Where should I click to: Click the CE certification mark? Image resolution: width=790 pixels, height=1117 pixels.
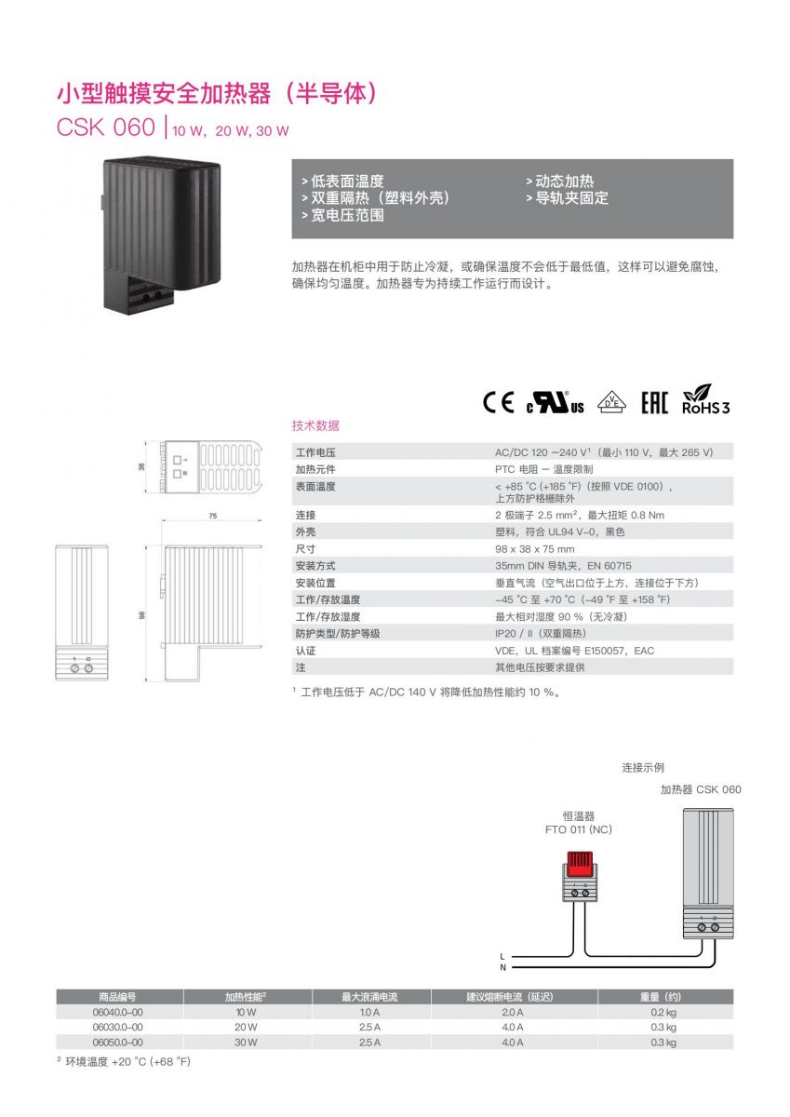tap(498, 402)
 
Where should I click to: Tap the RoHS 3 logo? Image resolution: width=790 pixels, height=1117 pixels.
tap(705, 399)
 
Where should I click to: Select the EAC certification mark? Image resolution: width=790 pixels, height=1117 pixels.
tap(654, 403)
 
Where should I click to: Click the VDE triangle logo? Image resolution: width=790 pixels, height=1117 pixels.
tap(611, 402)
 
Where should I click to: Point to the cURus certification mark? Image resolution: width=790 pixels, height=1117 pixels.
tap(556, 402)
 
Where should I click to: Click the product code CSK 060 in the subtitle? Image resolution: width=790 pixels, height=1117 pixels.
tap(106, 127)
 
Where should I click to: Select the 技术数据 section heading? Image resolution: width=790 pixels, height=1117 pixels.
tap(315, 425)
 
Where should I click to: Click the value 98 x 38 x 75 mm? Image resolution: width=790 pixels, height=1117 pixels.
tap(534, 549)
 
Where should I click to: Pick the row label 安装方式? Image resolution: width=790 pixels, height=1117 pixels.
tap(315, 566)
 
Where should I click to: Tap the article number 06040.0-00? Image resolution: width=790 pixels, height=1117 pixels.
tap(117, 1013)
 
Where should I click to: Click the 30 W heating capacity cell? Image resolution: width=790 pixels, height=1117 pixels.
tap(246, 1043)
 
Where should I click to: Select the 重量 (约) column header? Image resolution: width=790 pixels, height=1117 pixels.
tap(661, 997)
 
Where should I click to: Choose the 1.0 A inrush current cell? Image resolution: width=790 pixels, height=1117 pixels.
tap(369, 1013)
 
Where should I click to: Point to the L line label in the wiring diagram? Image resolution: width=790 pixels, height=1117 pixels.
tap(502, 957)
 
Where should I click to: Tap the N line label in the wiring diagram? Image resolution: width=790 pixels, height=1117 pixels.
tap(502, 967)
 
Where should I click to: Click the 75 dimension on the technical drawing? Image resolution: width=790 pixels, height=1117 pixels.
tap(213, 516)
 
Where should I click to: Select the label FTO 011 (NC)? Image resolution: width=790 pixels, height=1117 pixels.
tap(578, 829)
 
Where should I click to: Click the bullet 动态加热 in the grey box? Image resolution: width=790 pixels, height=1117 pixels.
tap(560, 181)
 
